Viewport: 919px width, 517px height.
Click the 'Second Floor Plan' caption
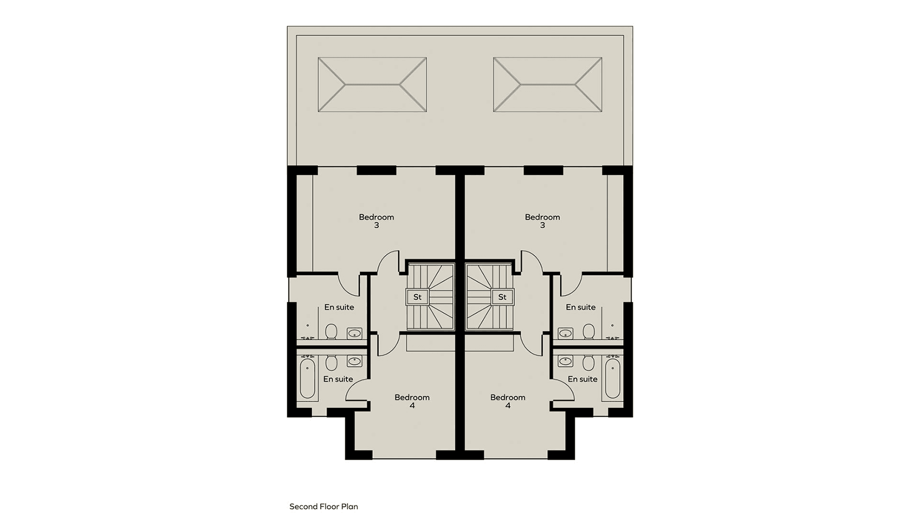324,507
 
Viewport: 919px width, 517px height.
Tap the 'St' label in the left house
417,297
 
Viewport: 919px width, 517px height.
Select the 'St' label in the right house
502,297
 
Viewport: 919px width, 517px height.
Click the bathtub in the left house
308,379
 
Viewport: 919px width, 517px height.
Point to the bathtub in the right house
612,379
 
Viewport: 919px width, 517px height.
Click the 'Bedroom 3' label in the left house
376,221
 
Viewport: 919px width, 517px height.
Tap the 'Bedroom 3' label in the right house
542,221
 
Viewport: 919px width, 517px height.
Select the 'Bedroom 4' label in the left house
412,401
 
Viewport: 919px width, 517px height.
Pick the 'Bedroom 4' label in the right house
508,401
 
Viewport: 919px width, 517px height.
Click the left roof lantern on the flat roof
372,84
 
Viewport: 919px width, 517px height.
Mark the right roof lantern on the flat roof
547,84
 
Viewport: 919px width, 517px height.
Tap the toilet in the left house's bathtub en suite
331,363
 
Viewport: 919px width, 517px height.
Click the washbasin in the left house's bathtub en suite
354,361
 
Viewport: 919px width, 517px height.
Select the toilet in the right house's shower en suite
588,331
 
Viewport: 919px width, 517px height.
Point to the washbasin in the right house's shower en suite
565,333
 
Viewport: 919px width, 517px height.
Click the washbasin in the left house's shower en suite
354,333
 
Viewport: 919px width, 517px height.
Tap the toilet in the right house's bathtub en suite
588,363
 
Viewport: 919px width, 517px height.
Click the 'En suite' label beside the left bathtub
338,379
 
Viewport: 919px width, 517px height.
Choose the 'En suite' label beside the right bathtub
583,379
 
